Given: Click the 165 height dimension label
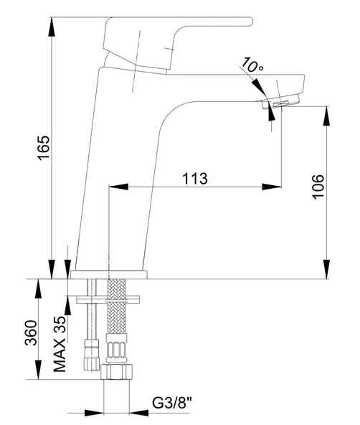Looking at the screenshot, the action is click(44, 148).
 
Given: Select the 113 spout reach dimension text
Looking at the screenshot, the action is click(195, 179).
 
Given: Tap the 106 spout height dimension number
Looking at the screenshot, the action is click(318, 187).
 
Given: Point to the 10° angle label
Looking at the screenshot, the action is click(252, 65).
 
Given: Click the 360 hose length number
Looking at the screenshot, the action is click(31, 333).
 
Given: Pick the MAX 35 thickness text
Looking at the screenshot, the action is click(60, 344).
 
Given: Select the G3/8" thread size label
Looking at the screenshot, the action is click(172, 403).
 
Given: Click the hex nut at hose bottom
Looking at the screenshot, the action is click(117, 372).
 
